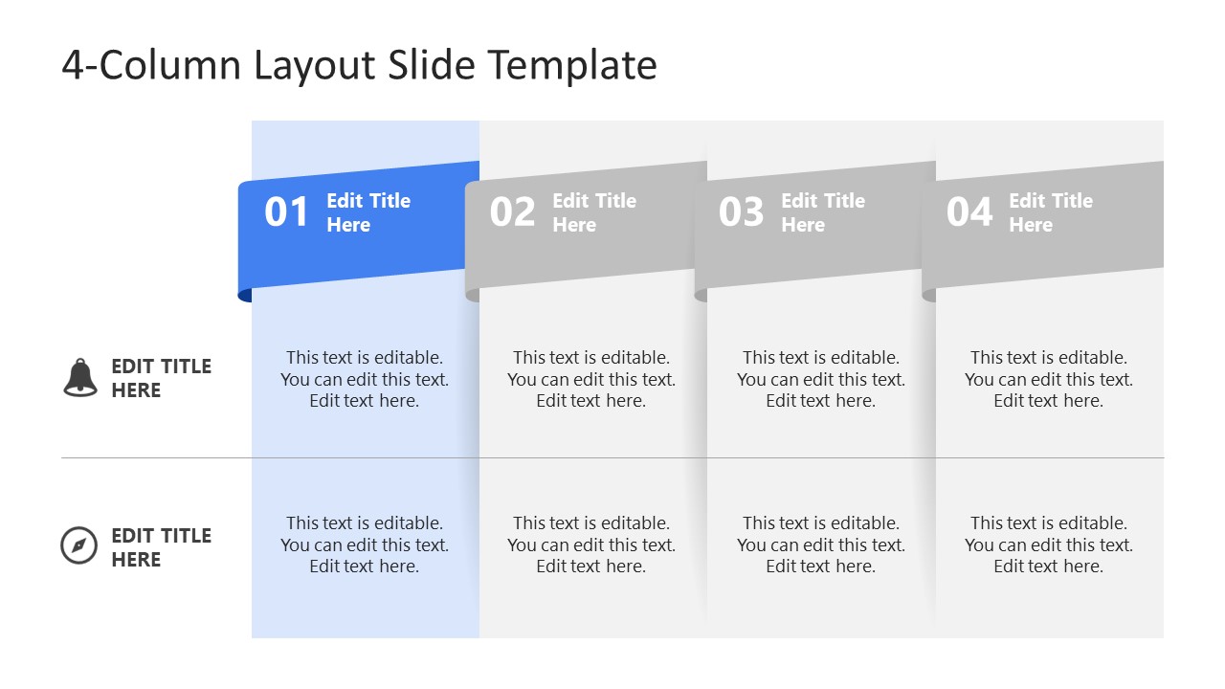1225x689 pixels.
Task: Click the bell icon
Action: [x=80, y=378]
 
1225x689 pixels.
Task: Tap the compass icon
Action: [x=78, y=545]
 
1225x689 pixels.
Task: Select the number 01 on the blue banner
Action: [x=287, y=212]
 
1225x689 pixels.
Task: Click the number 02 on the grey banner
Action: [x=513, y=212]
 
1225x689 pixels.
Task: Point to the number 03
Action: [x=742, y=212]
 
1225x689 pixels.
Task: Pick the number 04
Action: [x=969, y=212]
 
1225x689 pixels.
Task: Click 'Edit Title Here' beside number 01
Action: [x=368, y=212]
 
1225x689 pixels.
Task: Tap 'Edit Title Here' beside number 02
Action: [x=594, y=212]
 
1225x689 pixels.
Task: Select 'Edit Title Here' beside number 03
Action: [x=823, y=212]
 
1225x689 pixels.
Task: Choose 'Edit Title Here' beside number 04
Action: [x=1051, y=212]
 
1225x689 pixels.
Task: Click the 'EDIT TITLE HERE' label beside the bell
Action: [x=161, y=378]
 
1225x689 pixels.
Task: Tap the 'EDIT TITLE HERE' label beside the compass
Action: [x=161, y=547]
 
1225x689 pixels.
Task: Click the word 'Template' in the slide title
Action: [x=572, y=65]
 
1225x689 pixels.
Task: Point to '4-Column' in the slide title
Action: [x=152, y=65]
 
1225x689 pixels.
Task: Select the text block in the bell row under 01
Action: [x=365, y=379]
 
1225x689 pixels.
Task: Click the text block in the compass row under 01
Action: [x=365, y=545]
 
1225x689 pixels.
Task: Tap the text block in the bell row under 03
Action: [x=821, y=379]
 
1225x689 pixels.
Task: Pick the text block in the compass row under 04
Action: [x=1049, y=545]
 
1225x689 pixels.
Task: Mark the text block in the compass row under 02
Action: [x=591, y=545]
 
